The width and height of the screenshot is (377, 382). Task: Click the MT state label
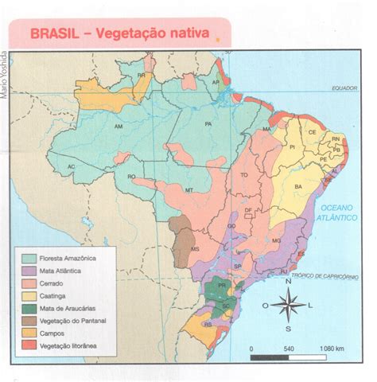pos(189,191)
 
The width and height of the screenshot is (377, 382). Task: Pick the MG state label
pos(277,240)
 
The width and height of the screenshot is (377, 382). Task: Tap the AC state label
pos(71,166)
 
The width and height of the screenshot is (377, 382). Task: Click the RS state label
pos(208,325)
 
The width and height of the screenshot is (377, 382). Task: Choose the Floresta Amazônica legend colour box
pos(29,259)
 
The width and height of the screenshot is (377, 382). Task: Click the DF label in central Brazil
pos(248,211)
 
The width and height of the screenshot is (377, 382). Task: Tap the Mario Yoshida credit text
pos(6,75)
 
